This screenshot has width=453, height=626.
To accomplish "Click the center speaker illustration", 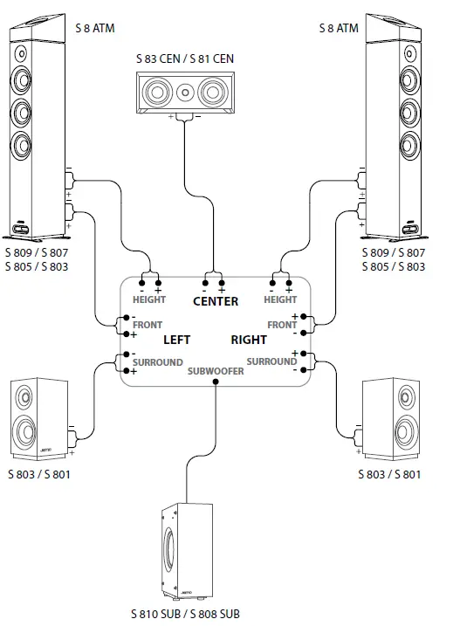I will click(182, 92).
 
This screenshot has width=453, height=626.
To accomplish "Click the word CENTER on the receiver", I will click(215, 302).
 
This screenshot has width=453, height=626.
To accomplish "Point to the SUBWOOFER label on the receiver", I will click(216, 371).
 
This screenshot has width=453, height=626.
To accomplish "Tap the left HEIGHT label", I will click(148, 300).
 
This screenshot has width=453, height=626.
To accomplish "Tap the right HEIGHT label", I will click(280, 300).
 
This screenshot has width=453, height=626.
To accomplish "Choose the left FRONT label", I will click(148, 325).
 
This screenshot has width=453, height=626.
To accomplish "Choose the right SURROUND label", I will click(271, 361).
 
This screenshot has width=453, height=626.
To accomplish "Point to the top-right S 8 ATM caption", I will click(338, 29).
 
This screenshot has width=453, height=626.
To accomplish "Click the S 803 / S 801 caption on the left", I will click(39, 474).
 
